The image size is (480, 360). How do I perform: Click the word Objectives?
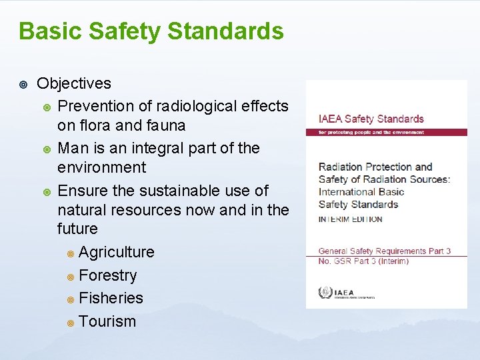point(74,83)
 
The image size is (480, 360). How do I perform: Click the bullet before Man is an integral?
point(47,149)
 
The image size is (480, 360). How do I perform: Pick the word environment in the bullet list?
point(101,167)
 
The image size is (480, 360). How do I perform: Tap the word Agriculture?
point(116,252)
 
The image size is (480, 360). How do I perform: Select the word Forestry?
point(107,275)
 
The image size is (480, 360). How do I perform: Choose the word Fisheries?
point(111,298)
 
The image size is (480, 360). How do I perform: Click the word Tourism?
point(107,321)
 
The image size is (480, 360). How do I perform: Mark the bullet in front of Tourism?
point(70,323)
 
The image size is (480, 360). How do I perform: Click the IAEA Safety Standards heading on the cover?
point(371,119)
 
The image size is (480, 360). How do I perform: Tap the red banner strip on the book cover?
point(377,132)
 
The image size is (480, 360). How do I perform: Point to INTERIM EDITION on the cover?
point(350,219)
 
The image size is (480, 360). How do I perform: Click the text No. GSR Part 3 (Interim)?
point(363,261)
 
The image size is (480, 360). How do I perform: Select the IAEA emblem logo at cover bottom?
point(325,292)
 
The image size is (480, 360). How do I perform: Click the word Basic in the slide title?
point(51,31)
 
